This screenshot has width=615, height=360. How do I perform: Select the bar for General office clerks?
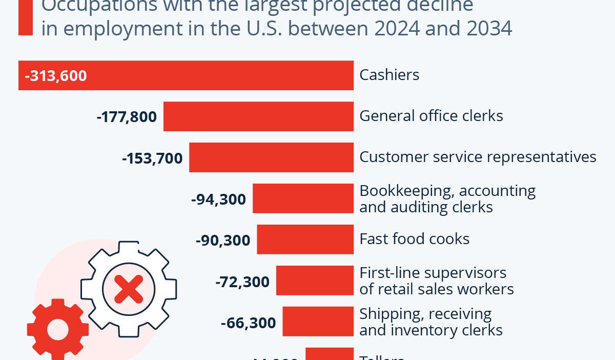tap(258, 116)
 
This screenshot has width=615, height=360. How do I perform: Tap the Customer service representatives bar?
tap(271, 157)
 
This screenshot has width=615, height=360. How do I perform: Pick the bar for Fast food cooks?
tap(305, 239)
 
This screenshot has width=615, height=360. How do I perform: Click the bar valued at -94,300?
tap(303, 198)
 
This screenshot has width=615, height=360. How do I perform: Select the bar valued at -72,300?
tap(315, 281)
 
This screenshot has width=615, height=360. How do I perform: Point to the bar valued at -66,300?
tap(318, 322)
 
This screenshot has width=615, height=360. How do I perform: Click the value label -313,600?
tap(56, 76)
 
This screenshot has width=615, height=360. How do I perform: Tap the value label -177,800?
tap(127, 117)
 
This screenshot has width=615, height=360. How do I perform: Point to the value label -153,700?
tap(152, 158)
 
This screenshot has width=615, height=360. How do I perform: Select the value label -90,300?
tap(223, 240)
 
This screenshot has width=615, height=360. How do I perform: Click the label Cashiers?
tap(389, 75)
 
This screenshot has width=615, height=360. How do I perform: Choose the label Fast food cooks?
tap(415, 239)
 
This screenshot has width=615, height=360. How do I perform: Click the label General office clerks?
tap(431, 116)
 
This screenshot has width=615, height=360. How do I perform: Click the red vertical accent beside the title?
tap(25, 17)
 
